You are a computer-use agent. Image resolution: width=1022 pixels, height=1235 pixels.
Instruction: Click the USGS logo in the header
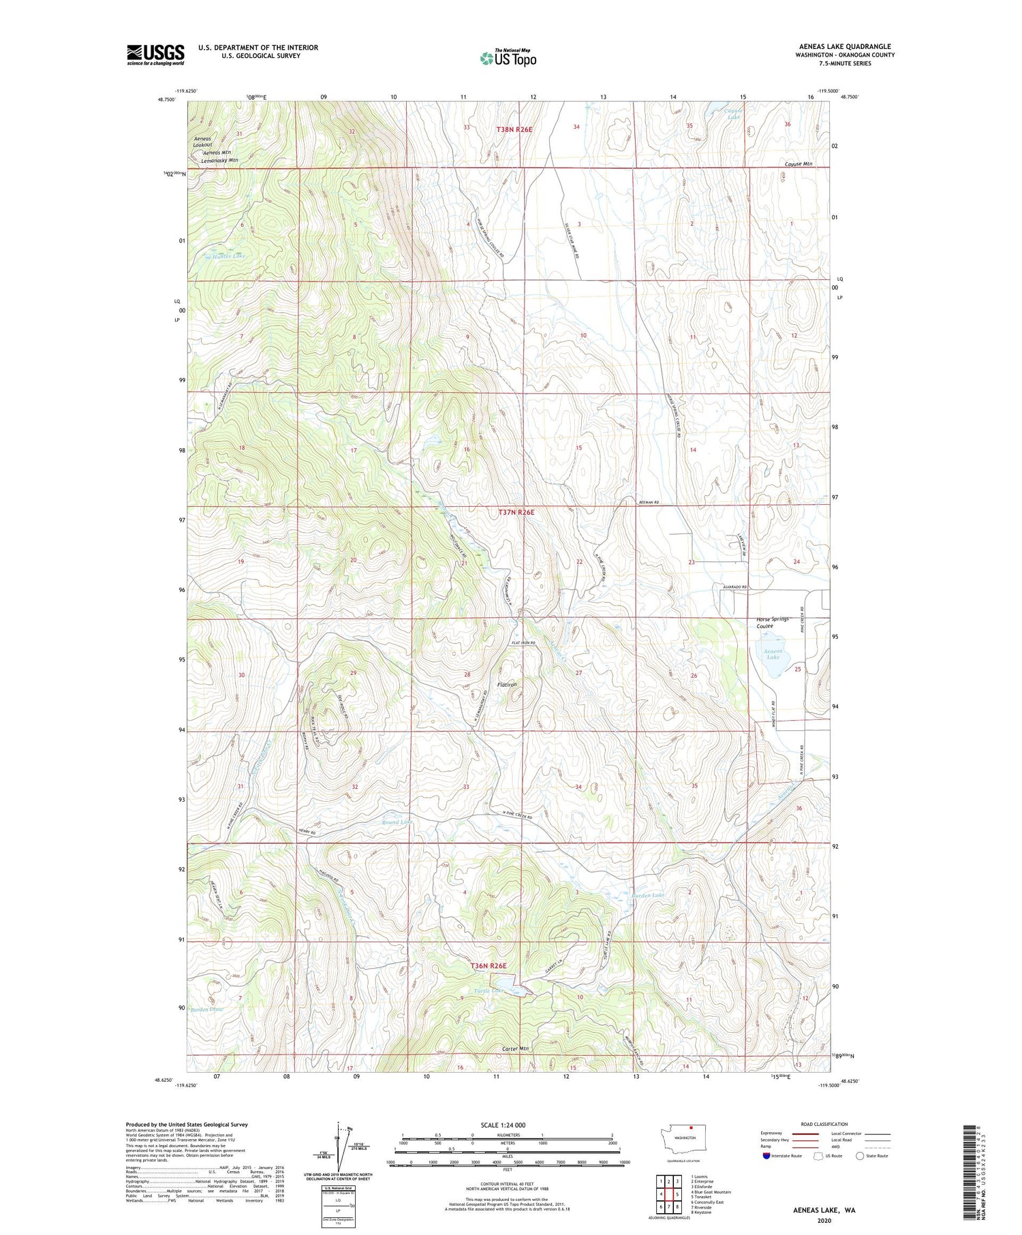tap(155, 54)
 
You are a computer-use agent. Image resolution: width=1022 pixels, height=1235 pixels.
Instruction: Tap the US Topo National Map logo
tap(508, 58)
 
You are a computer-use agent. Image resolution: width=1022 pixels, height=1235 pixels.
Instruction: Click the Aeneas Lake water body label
tap(773, 654)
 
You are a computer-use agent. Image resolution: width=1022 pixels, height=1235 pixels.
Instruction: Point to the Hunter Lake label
tap(224, 256)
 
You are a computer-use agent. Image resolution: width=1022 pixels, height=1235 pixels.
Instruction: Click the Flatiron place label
tap(507, 684)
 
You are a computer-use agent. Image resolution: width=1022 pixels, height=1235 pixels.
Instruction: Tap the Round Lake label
tap(397, 822)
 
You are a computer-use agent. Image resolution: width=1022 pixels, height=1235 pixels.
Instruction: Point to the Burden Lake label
tap(648, 894)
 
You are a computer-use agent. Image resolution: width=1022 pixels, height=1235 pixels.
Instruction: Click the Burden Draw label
tap(207, 1010)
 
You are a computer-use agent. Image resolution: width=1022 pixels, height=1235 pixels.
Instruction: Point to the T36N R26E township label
tap(489, 966)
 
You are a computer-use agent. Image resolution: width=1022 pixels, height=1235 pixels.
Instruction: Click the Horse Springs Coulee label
tap(772, 623)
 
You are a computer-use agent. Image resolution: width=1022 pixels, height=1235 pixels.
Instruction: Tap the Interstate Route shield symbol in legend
tap(766, 1156)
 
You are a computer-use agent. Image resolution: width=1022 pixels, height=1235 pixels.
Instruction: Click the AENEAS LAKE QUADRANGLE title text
tap(845, 46)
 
